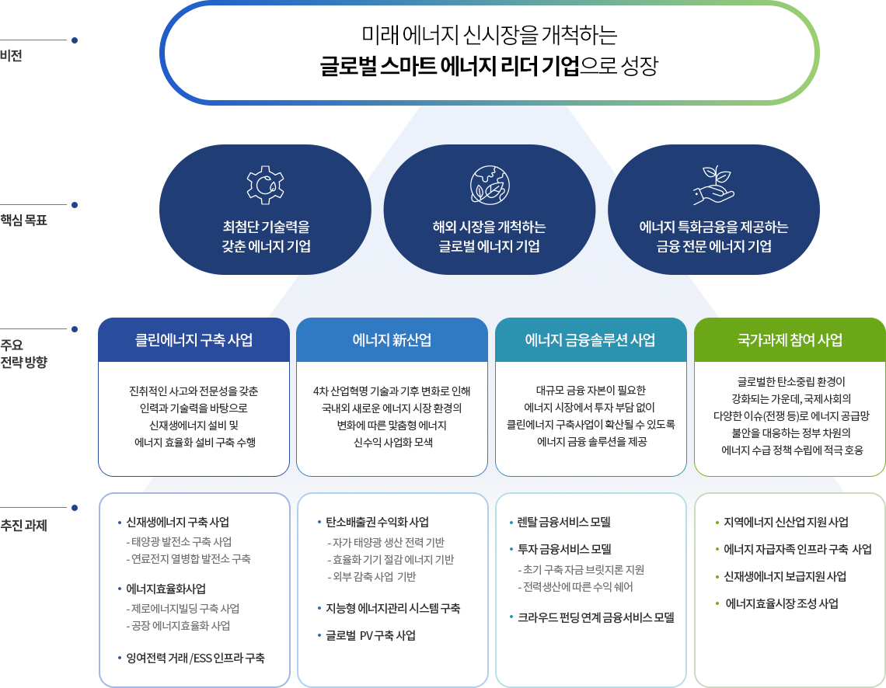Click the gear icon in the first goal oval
tap(266, 185)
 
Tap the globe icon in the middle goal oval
tap(490, 185)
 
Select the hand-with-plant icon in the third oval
tap(713, 185)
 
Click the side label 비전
tap(12, 56)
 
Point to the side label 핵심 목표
tap(24, 220)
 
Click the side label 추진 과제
tap(24, 526)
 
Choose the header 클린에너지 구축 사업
tap(194, 340)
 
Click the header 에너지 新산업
tap(392, 340)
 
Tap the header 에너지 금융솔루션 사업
tap(591, 340)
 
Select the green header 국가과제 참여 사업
tap(790, 340)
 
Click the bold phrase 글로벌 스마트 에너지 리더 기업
tap(450, 65)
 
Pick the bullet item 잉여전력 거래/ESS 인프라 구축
tap(196, 658)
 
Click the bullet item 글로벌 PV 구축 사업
tap(371, 635)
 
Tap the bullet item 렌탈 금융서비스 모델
tap(564, 522)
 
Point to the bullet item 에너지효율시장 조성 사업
tap(782, 603)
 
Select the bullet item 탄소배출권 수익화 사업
tap(377, 522)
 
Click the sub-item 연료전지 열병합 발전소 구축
tap(191, 559)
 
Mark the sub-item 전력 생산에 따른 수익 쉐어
tap(578, 587)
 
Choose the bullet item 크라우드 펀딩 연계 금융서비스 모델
tap(596, 617)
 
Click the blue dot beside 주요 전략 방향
tap(74, 329)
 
